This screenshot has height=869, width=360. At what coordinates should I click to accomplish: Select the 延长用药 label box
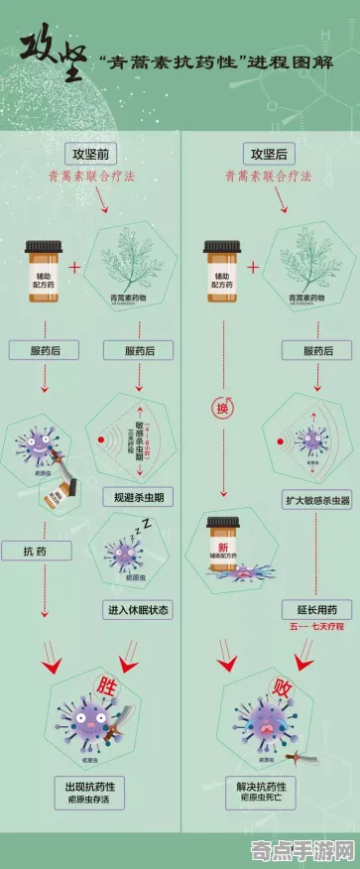coord(318,608)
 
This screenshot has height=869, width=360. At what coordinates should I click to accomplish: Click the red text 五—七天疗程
coord(318,627)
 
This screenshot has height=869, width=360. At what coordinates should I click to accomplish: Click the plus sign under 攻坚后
coord(254,267)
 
